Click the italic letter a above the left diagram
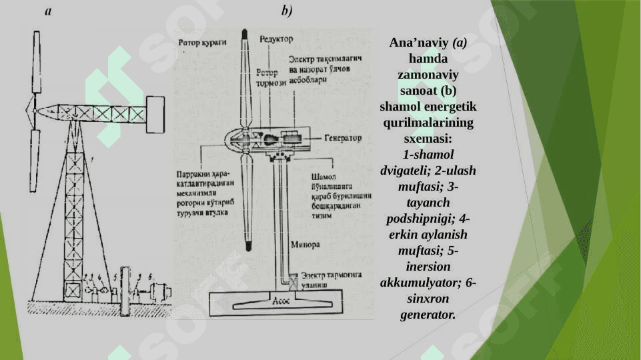(x=49, y=11)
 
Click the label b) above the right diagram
(x=286, y=11)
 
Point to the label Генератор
(x=343, y=138)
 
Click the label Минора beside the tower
(x=305, y=245)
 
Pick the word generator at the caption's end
(x=428, y=314)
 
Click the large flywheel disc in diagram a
(x=125, y=291)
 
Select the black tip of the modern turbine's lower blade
(x=247, y=247)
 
